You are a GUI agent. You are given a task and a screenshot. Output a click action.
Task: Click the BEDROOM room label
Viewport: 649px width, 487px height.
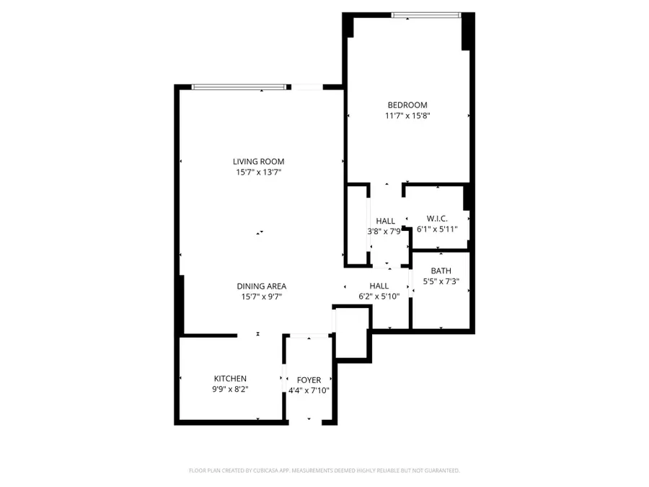point(409,105)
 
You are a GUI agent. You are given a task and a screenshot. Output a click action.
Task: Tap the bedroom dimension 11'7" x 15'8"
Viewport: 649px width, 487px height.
point(409,115)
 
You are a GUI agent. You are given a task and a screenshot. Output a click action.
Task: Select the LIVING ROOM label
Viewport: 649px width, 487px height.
point(258,162)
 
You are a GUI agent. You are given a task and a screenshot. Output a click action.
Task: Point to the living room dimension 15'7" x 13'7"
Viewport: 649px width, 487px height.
point(258,172)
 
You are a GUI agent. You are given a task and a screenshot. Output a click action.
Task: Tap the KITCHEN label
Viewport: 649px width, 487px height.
point(230,379)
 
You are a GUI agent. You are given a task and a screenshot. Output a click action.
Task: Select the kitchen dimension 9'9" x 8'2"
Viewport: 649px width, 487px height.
point(230,390)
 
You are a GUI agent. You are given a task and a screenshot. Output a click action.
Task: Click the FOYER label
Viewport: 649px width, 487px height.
point(309,380)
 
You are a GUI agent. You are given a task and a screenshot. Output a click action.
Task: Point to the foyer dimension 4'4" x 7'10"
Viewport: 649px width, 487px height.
point(309,390)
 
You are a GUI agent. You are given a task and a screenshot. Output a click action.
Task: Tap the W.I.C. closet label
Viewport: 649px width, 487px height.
point(437,219)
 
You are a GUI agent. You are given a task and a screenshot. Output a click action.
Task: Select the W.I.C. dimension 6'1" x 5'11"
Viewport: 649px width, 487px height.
point(437,229)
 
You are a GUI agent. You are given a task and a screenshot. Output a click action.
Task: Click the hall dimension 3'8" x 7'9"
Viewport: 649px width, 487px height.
point(385,232)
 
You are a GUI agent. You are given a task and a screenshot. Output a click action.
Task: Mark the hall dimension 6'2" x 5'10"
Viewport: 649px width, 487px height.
point(379,297)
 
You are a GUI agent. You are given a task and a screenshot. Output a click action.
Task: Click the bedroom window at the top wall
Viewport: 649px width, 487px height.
point(425,14)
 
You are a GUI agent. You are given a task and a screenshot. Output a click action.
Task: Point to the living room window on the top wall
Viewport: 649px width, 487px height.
point(238,87)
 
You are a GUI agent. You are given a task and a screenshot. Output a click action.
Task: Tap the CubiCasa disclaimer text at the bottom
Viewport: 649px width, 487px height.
point(324,470)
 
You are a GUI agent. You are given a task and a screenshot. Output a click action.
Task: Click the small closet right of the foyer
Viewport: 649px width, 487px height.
point(352,332)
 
